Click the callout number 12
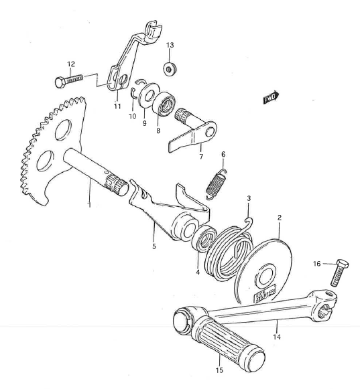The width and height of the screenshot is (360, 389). [70, 64]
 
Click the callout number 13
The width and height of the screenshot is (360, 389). [170, 46]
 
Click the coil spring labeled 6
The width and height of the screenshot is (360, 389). [216, 183]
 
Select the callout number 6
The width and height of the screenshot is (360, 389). [223, 155]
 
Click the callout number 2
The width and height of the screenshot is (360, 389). [279, 218]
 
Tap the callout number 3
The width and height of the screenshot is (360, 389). [249, 199]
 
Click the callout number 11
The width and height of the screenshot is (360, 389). [117, 106]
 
